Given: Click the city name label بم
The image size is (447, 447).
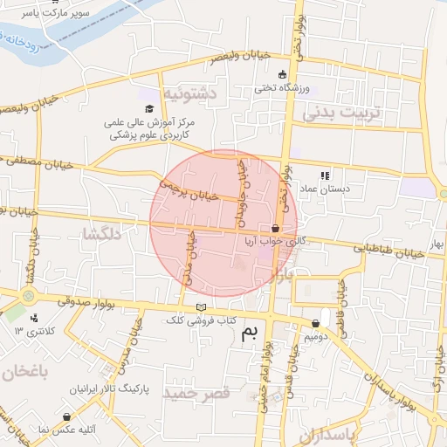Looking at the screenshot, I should (251, 331).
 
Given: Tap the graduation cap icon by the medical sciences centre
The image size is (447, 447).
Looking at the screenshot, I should (148, 109).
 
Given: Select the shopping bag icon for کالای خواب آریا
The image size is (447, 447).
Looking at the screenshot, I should (276, 228).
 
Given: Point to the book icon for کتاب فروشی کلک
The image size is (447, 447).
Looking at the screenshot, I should (203, 308).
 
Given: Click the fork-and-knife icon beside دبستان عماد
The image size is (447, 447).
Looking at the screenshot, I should (326, 175).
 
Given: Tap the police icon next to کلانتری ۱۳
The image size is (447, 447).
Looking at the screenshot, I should (34, 317).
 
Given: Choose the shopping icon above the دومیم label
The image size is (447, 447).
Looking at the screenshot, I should (316, 324).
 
